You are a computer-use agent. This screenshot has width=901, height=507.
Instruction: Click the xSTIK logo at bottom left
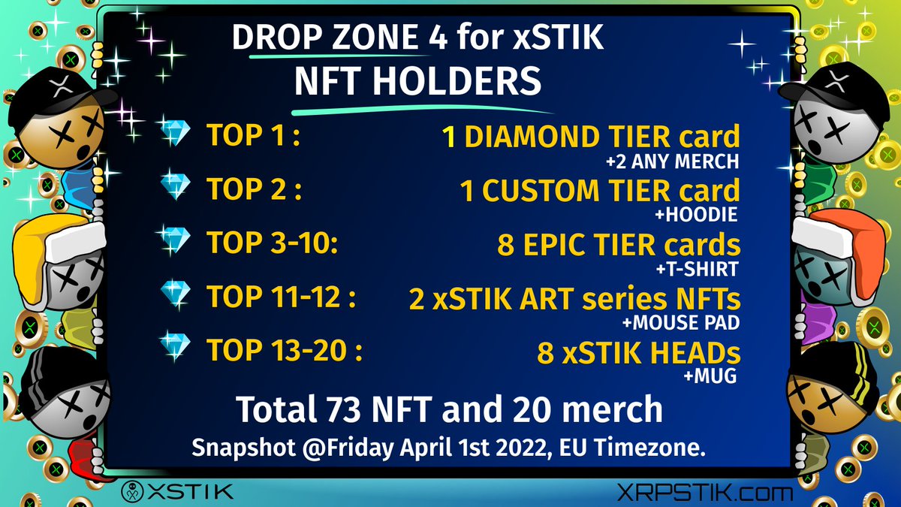(177, 493)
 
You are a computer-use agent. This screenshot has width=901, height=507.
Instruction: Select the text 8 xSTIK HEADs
(638, 352)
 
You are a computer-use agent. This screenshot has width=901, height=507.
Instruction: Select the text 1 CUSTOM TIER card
(600, 191)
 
